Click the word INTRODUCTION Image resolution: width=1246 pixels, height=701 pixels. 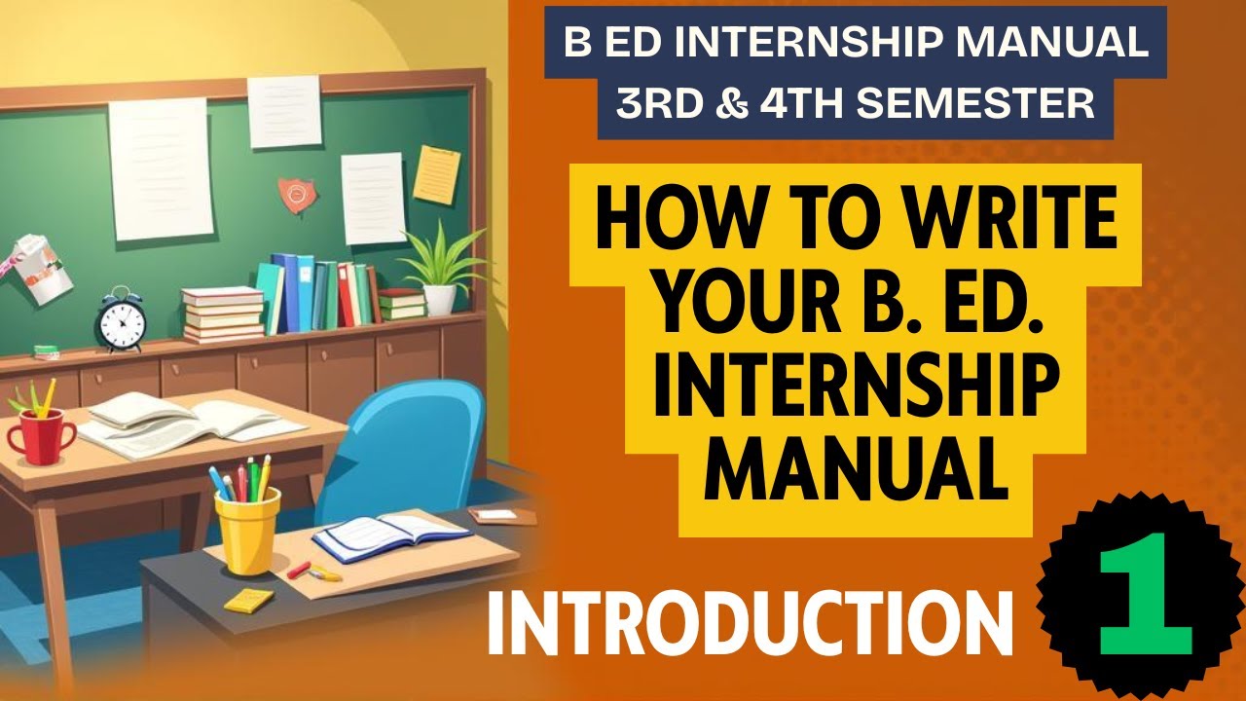(x=751, y=623)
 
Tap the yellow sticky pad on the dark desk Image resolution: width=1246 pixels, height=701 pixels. (x=248, y=600)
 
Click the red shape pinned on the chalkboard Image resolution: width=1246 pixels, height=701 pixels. (x=297, y=195)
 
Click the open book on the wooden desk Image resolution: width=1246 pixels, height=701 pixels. (x=185, y=424)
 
